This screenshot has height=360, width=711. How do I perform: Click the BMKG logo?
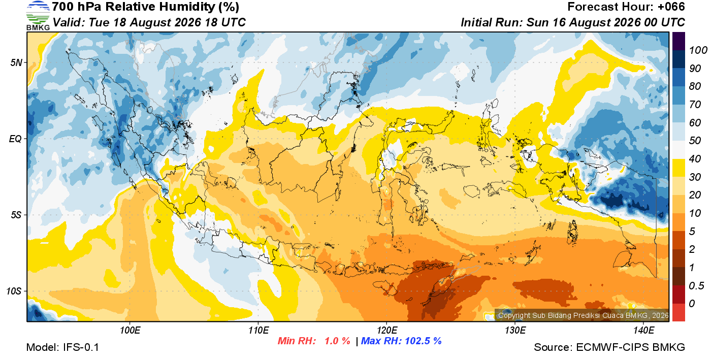tap(38, 16)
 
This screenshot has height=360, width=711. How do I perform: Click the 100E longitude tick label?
tap(130, 331)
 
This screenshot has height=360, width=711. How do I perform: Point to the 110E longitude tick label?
tap(258, 331)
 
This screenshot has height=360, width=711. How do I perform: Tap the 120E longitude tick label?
tap(387, 331)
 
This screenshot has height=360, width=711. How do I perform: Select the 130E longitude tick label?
tap(515, 331)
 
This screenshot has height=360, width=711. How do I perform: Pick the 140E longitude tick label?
tap(644, 331)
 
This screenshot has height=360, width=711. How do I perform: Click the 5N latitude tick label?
tap(16, 62)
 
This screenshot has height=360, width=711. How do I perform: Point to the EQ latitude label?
tap(16, 139)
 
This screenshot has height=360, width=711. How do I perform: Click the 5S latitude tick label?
tap(16, 215)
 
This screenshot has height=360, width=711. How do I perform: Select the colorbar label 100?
tap(698, 50)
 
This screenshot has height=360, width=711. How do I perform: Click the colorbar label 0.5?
tap(696, 286)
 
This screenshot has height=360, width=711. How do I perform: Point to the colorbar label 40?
tap(695, 159)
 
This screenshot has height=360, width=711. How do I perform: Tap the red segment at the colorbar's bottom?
tap(678, 312)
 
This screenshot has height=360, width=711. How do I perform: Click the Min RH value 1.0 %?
tap(337, 341)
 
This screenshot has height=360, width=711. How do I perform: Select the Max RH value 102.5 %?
tap(423, 341)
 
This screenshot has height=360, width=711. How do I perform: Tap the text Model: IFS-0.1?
tap(62, 347)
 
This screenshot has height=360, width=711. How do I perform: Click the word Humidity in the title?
tap(187, 7)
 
